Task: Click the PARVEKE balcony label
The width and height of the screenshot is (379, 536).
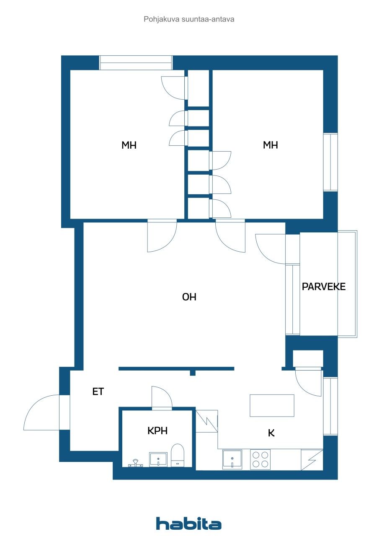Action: pos(324,287)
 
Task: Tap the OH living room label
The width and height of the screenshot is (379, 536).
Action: pos(189,297)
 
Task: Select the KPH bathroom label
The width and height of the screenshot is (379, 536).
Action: pos(157,430)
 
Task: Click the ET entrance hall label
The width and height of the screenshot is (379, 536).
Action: pos(98,392)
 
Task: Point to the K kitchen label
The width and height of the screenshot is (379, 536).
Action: pos(271,433)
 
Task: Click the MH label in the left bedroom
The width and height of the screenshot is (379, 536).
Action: pos(129,145)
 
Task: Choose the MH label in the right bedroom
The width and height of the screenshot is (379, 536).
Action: pos(271,145)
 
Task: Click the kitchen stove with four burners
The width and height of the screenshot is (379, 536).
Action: pos(260,459)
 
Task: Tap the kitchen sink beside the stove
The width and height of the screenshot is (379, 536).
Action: pos(232,459)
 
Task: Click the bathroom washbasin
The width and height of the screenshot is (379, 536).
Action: pos(158,459)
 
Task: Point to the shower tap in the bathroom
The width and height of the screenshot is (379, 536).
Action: pos(135,463)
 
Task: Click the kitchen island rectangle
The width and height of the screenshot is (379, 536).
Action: pos(272,405)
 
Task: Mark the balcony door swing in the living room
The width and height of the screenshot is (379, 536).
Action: pos(270,248)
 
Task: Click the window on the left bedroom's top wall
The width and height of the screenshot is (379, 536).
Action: pos(136,63)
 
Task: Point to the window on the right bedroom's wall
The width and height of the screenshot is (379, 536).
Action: pos(330,162)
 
